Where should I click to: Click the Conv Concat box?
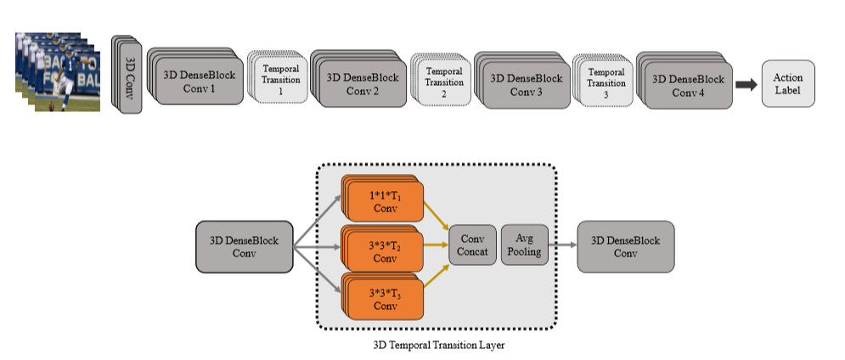click(472, 246)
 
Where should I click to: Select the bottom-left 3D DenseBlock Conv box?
click(244, 247)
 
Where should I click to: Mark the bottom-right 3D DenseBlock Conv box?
click(625, 247)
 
